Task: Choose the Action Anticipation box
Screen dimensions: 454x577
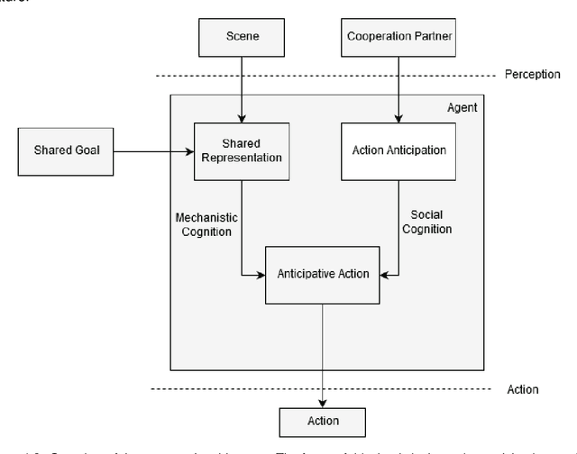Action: click(398, 150)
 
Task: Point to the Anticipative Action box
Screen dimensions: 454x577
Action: click(322, 273)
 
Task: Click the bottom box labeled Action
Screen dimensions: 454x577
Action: click(322, 421)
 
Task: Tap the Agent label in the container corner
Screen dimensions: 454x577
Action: click(462, 107)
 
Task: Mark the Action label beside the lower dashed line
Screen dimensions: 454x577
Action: click(522, 389)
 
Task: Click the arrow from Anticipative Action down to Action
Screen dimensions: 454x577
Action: click(322, 351)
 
